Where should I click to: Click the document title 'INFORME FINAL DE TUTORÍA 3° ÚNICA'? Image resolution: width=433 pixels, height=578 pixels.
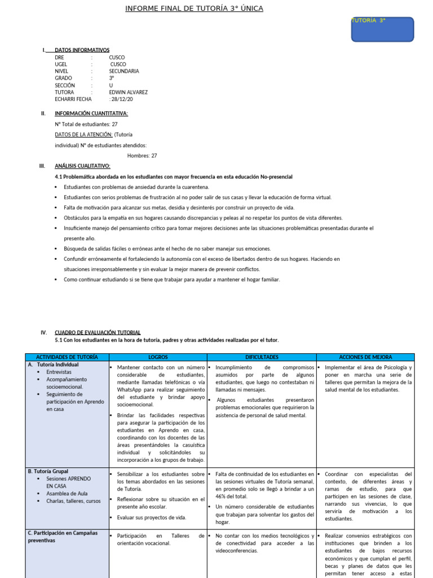[193, 8]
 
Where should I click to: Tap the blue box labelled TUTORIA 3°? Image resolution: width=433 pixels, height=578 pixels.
[382, 29]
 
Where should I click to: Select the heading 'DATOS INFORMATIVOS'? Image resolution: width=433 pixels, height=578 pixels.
[82, 50]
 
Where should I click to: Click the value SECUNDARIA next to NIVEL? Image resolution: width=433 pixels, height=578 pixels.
[124, 71]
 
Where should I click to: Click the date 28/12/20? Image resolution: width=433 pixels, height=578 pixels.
[122, 99]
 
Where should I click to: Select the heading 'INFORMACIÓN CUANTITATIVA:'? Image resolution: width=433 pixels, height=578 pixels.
[91, 113]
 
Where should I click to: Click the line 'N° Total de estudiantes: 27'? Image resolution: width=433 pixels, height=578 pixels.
[86, 124]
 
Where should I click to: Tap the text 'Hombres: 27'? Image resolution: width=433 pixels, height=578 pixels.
[142, 156]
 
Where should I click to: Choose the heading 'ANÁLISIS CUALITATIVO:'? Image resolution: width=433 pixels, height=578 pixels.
[82, 166]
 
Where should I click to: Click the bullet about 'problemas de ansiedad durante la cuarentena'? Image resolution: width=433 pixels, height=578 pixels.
[136, 187]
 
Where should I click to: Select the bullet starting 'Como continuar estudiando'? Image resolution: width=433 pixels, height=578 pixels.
[171, 279]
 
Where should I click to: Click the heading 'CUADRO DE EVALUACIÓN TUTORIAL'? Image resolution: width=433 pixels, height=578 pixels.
[98, 332]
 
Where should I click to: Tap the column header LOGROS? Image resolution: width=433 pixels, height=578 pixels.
[158, 357]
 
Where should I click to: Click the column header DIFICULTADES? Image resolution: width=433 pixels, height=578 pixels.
[262, 357]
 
